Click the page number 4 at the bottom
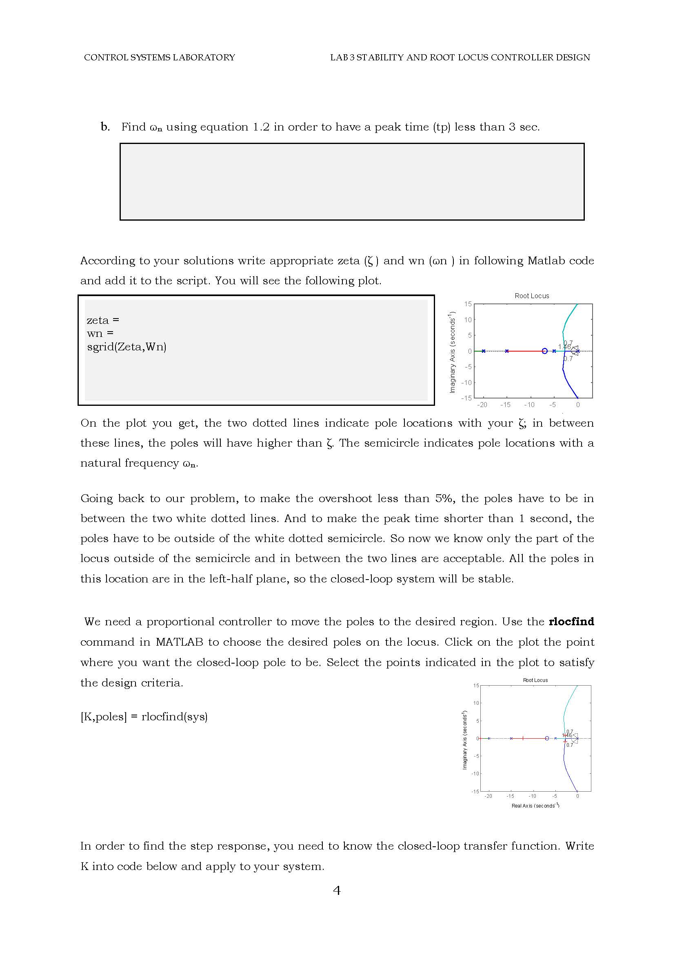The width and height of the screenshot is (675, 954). click(x=337, y=891)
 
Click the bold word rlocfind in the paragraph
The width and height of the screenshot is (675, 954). click(x=571, y=622)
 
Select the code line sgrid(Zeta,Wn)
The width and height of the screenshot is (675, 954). click(x=127, y=347)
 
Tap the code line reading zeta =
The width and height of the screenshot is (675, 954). click(x=103, y=320)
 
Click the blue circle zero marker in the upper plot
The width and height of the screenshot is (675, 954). click(x=544, y=351)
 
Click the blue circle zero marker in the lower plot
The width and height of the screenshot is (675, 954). click(x=547, y=738)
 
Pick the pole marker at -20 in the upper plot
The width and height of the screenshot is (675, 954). click(x=483, y=351)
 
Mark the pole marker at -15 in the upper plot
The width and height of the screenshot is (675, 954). click(x=507, y=351)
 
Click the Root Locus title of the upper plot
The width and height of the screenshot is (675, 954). click(x=532, y=296)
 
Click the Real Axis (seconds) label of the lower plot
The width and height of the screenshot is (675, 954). click(x=535, y=806)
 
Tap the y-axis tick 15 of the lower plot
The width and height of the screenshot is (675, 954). click(x=476, y=686)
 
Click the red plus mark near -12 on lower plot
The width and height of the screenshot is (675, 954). click(x=522, y=738)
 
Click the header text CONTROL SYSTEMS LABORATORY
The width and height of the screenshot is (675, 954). click(x=159, y=58)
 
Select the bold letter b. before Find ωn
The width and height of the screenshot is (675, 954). click(x=105, y=127)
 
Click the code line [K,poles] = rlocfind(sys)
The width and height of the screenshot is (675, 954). click(x=144, y=717)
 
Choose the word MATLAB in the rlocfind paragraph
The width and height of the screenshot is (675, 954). click(x=179, y=642)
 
